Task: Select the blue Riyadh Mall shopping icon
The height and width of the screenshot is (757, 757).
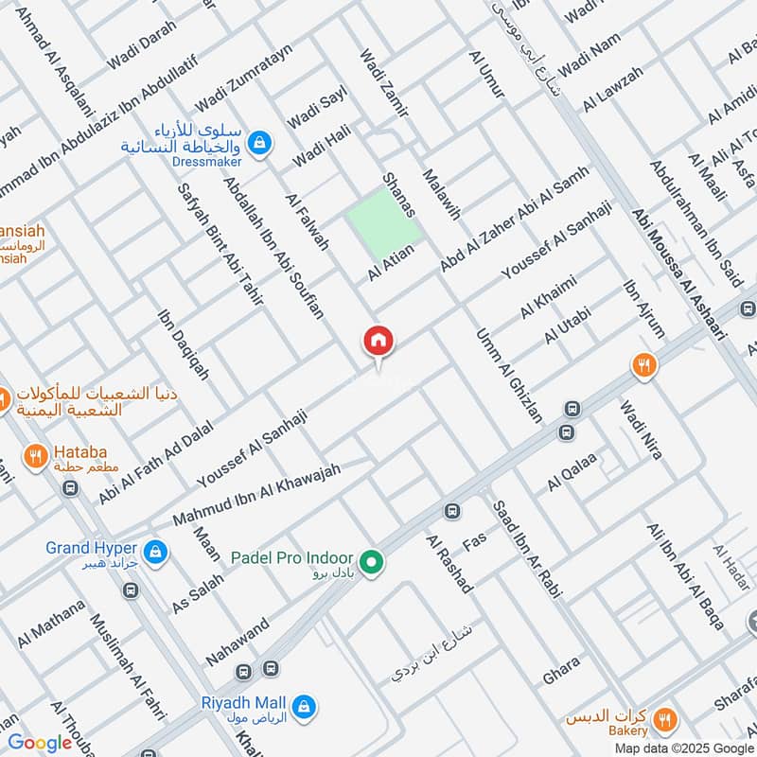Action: [305, 705]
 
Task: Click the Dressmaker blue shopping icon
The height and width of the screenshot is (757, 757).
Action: [257, 144]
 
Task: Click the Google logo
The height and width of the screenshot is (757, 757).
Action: [41, 743]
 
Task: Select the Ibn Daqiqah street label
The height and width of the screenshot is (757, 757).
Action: [184, 344]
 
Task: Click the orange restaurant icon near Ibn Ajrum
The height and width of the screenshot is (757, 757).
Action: [644, 365]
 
